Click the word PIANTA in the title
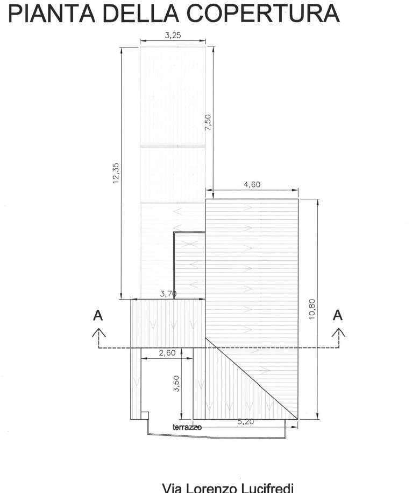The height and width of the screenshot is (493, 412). (52, 13)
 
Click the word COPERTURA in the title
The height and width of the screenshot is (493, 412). (263, 13)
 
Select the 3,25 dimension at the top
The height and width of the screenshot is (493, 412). (173, 35)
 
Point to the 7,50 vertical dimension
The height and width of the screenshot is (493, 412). (208, 122)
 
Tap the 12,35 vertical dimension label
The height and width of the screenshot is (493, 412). (116, 173)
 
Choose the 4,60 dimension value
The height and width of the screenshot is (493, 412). (252, 185)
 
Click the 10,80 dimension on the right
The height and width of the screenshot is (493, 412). (312, 309)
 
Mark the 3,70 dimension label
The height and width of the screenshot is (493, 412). (168, 294)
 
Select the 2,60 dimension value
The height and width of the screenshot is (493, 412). (167, 353)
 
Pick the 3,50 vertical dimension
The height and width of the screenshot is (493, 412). (176, 384)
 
